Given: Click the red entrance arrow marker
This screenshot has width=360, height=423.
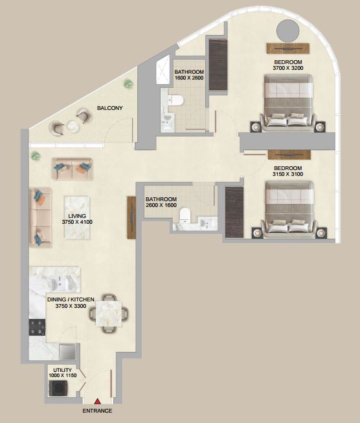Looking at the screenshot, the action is pos(98,402).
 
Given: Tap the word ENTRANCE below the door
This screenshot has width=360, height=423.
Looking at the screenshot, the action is pos(97,411).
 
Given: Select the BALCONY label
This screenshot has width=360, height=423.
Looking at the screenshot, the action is pos(110,108).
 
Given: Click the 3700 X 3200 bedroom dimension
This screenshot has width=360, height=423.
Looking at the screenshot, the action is pos(288,68).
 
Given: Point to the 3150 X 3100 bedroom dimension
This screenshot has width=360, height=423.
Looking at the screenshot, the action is pos(288,174).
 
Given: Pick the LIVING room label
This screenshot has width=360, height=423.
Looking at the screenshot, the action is pos(77,216).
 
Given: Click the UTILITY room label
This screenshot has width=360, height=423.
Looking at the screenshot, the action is pos(62,370).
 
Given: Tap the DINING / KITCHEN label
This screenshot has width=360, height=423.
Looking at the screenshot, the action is pos(71,299).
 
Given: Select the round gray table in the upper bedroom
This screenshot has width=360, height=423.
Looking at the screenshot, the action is pos(288,31).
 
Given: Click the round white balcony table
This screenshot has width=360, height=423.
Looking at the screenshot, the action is pos(73,126).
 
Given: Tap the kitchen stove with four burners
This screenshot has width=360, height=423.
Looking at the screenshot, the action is pos(38,327).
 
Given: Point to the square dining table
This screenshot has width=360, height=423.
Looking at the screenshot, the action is pos(109,314).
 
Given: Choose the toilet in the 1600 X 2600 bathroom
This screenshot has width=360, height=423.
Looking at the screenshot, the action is pos(175,100).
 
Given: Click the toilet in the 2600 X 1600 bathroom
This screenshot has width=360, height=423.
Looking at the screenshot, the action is pos(185,215).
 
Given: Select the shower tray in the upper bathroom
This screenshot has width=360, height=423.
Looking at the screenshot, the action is pos(163,71).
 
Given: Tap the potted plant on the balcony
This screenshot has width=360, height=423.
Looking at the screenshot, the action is pos(128,84).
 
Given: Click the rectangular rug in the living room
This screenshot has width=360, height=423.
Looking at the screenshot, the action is pos(77,217).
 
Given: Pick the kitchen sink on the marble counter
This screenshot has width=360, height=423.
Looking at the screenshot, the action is pos(61,283).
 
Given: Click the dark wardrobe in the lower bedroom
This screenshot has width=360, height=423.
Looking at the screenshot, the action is pos(234,212).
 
